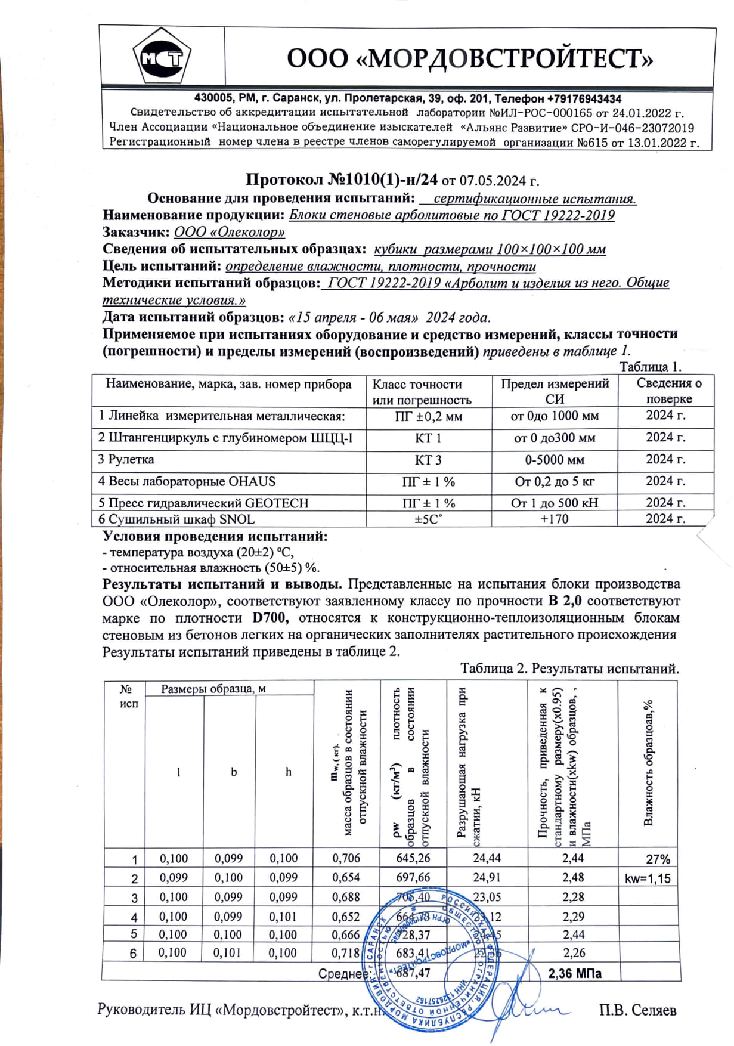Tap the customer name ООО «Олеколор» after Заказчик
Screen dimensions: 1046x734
(x=229, y=232)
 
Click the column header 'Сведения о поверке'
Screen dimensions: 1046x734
(x=668, y=391)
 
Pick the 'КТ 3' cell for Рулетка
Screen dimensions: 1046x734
(x=428, y=460)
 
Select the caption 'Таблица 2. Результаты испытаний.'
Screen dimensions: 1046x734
(x=569, y=669)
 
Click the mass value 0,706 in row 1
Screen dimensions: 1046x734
(x=346, y=858)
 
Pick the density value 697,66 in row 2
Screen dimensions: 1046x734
(x=413, y=877)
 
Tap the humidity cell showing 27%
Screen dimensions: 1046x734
(x=658, y=859)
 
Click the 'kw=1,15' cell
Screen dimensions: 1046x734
(x=648, y=878)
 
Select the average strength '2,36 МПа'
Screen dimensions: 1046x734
(x=574, y=974)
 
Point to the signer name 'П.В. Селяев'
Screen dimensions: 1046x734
(x=637, y=1010)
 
